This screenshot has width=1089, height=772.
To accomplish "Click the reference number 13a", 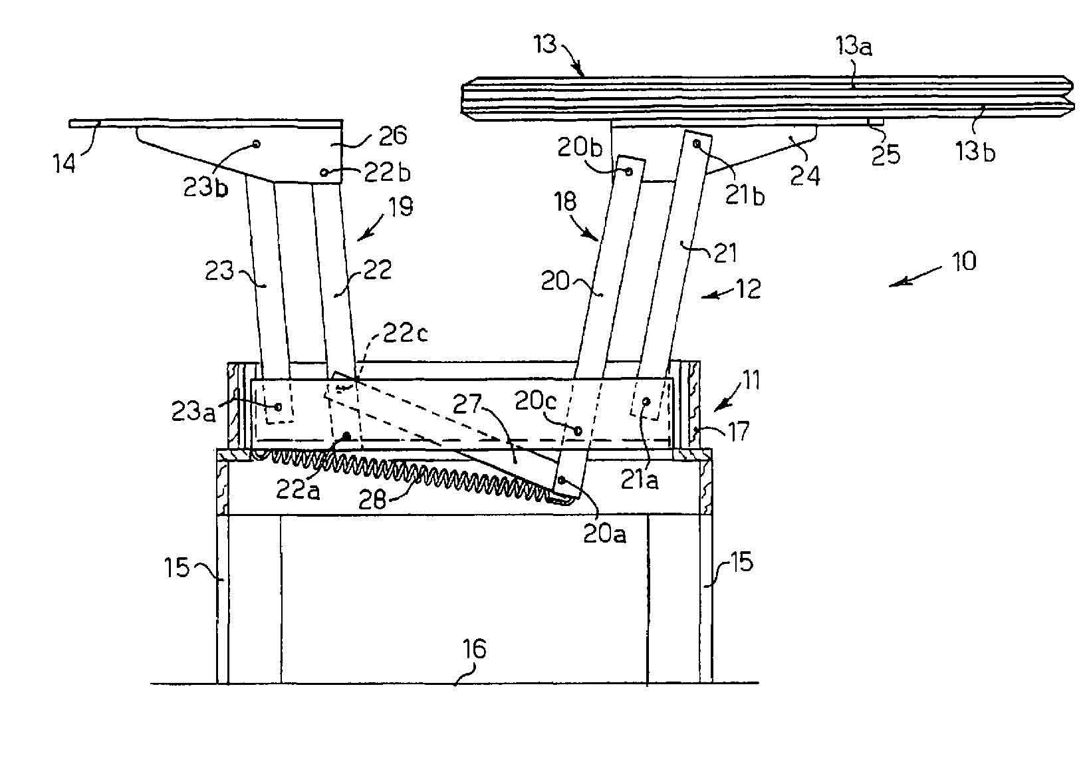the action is (x=854, y=47).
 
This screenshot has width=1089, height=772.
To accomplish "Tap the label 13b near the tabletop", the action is (x=975, y=152).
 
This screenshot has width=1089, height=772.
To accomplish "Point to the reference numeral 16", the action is (x=474, y=649).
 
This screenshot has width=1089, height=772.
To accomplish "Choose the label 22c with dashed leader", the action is (x=406, y=333).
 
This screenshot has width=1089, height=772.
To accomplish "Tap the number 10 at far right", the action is (x=963, y=261).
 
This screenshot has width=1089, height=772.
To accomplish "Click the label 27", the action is (x=467, y=404).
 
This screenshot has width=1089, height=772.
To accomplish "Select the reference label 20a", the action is (x=604, y=534).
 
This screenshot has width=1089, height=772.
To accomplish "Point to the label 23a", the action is (x=193, y=412).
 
